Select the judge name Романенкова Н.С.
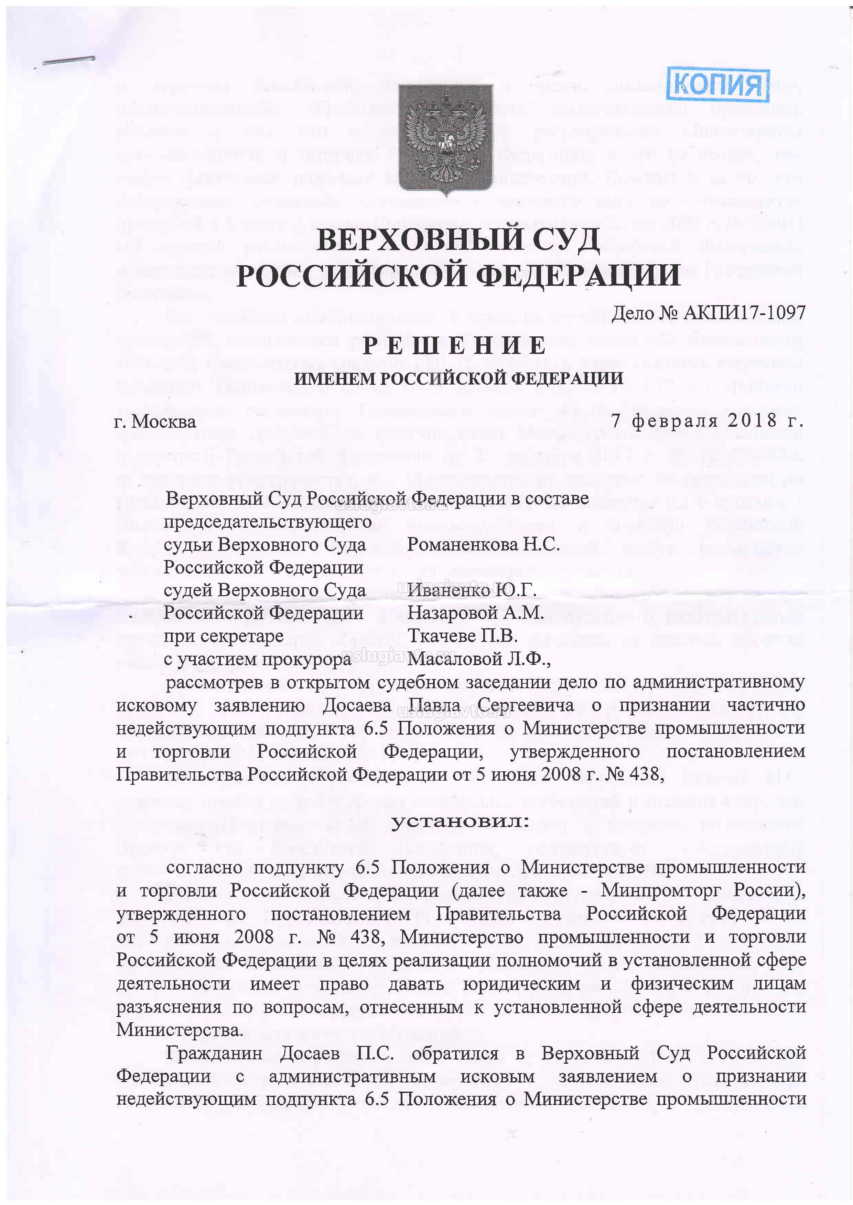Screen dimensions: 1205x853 point(483,544)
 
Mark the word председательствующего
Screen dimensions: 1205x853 point(268,522)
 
